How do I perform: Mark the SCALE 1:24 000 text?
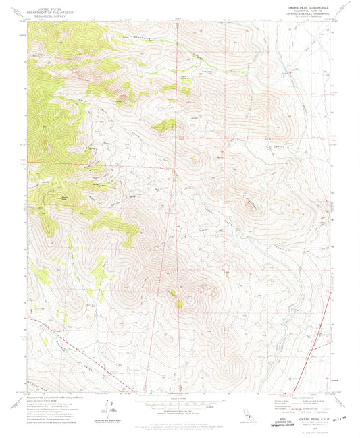(x=180, y=402)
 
